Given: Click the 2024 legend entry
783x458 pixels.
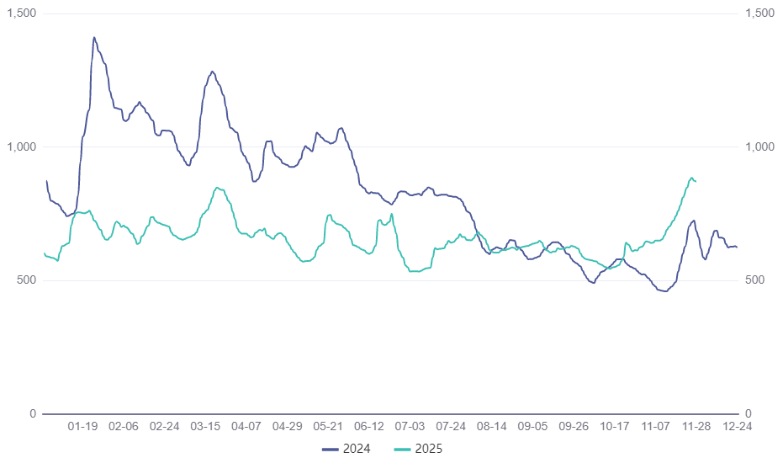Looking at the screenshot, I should [x=346, y=449].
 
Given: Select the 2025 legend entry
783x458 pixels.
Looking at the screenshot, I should [x=418, y=449].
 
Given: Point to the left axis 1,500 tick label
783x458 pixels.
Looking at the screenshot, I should [x=22, y=13].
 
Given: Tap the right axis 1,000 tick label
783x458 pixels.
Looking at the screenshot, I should [x=759, y=146].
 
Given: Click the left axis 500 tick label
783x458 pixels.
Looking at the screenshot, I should [x=27, y=280].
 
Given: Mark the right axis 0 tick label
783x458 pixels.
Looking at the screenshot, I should [x=748, y=413].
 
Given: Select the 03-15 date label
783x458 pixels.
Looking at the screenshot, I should [x=205, y=427].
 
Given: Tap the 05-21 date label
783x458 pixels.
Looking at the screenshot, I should [x=328, y=427].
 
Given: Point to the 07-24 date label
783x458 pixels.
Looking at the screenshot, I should [x=451, y=427].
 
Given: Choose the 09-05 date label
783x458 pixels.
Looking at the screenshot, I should [x=532, y=427].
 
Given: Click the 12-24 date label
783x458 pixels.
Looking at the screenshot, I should [x=738, y=427].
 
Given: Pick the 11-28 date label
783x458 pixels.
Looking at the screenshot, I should [x=696, y=427].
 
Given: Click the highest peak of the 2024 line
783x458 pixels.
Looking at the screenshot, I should [x=93, y=37].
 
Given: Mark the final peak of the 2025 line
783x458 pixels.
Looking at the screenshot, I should [x=691, y=178].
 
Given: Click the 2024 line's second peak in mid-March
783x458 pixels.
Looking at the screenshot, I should [x=212, y=72].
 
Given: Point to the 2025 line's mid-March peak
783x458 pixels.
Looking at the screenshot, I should [x=217, y=188].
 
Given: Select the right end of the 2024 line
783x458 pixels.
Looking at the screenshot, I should [x=737, y=247].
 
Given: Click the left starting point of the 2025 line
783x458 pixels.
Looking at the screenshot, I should [x=44, y=253].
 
